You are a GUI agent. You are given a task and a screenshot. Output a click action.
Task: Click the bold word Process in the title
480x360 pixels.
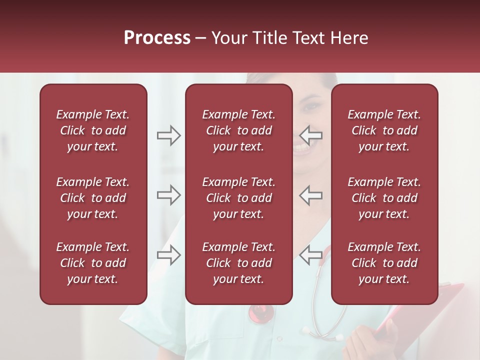click(157, 38)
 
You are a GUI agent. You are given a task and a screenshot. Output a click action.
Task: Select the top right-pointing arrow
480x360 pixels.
click(168, 135)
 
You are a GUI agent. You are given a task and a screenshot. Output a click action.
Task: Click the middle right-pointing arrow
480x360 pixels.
click(168, 195)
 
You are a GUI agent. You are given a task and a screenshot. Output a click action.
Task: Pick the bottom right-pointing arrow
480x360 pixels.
click(168, 255)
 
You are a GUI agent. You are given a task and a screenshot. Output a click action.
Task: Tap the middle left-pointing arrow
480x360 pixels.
click(310, 195)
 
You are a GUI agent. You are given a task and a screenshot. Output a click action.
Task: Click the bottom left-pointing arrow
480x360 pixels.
click(310, 255)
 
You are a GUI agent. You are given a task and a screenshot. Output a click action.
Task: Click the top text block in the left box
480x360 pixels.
click(93, 130)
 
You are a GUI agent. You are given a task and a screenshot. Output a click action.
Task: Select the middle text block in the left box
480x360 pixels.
click(93, 198)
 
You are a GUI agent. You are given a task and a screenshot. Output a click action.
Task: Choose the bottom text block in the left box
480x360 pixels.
click(93, 263)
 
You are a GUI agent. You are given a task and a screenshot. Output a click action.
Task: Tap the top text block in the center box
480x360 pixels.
click(238, 130)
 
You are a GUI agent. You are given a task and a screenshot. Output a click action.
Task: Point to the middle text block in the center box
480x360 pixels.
click(238, 198)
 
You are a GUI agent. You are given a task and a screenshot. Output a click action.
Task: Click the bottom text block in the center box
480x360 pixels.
click(238, 263)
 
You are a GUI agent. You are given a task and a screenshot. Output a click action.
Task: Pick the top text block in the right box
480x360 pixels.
click(384, 130)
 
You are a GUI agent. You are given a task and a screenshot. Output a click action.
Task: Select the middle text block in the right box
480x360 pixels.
click(384, 198)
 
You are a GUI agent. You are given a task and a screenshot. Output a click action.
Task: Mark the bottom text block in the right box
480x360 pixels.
click(384, 263)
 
